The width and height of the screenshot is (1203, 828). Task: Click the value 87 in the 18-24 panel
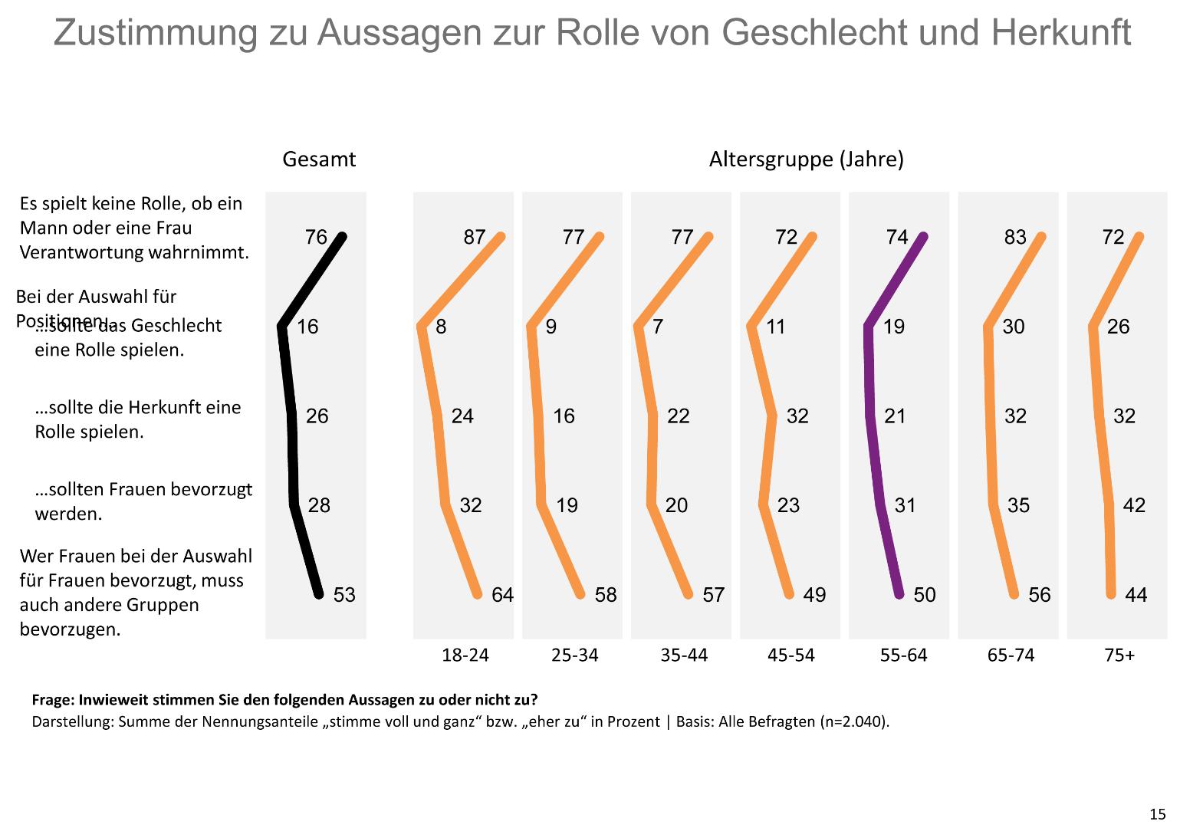tap(475, 237)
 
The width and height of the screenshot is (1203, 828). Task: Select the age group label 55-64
tap(904, 655)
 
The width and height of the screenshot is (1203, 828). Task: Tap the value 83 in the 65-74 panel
tap(1015, 237)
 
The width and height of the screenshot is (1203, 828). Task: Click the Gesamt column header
tap(319, 159)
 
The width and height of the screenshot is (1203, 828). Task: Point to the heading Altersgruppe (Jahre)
tap(806, 159)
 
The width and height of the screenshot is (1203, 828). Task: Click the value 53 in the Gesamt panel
tap(344, 595)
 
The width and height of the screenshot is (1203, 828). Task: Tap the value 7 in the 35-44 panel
tap(658, 327)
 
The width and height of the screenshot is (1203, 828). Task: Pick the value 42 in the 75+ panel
tap(1134, 505)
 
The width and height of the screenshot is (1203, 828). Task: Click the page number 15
tap(1157, 813)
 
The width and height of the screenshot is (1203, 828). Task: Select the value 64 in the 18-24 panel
tap(502, 595)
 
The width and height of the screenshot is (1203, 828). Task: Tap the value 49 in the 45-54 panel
tap(814, 595)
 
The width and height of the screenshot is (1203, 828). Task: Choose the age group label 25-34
tap(574, 655)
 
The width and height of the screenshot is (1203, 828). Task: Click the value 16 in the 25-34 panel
tap(564, 416)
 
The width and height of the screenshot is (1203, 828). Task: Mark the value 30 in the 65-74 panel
tap(1014, 327)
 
